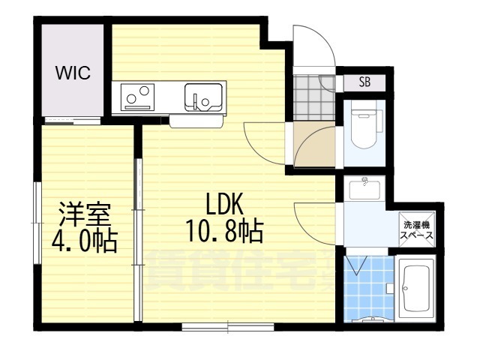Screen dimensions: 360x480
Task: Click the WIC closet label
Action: [x=73, y=73]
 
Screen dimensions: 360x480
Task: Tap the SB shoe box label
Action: [x=364, y=82]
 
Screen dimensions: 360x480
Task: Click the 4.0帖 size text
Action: [x=85, y=241]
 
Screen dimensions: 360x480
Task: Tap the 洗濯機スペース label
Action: [x=415, y=229]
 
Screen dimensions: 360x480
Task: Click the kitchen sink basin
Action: [x=202, y=98]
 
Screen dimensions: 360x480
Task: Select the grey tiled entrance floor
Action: [x=307, y=97]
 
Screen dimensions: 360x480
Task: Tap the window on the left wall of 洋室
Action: [x=35, y=222]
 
